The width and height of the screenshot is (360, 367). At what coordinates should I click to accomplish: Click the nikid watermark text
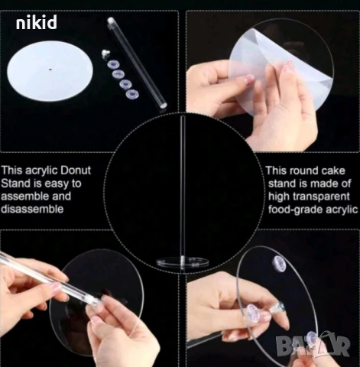point(37,22)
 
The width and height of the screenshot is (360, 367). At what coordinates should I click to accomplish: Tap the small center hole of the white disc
point(50,69)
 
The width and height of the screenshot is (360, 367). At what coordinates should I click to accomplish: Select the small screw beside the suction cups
point(105,54)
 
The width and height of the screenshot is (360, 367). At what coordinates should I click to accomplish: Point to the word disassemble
point(32,209)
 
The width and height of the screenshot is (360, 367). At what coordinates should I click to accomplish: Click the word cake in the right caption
point(333,171)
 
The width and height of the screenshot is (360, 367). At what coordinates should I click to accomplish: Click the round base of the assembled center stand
point(183,261)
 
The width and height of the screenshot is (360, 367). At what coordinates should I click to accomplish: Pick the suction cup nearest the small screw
point(112,64)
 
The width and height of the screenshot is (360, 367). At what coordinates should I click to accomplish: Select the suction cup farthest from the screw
point(132,94)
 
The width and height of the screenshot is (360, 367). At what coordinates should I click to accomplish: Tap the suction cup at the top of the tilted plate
point(279,263)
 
